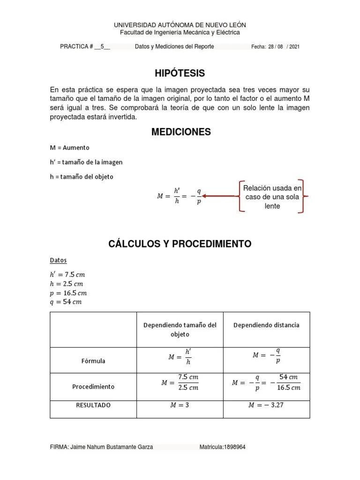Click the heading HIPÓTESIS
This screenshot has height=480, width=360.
[180, 73]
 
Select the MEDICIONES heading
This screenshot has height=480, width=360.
[180, 132]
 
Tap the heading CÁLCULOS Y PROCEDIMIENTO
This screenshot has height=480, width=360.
[180, 244]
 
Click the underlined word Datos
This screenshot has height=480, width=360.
[58, 260]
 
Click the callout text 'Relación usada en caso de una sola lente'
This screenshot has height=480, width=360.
[272, 196]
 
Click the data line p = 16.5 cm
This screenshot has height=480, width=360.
[68, 293]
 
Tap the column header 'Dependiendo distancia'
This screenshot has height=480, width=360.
[266, 325]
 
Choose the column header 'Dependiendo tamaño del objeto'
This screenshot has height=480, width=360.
[180, 330]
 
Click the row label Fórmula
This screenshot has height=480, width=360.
[93, 361]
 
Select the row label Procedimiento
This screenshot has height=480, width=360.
[93, 387]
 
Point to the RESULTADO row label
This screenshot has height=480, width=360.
[93, 405]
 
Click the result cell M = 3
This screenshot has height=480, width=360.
[180, 405]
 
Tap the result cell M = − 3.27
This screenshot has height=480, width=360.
[266, 405]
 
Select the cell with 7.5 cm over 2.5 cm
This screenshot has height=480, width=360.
[180, 382]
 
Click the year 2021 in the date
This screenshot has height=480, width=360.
[294, 47]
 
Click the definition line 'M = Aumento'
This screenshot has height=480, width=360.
[69, 148]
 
